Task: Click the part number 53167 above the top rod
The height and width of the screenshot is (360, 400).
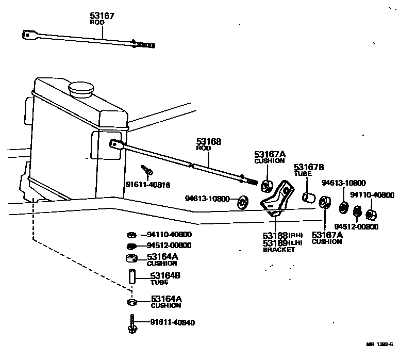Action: point(102,16)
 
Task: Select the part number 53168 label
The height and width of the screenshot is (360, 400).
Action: point(208,141)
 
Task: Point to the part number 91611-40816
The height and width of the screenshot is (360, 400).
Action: point(147,185)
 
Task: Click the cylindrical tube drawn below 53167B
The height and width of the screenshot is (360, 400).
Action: point(308,197)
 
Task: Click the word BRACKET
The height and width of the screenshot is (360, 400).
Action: point(279,250)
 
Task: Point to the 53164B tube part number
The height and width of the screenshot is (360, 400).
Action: point(165,276)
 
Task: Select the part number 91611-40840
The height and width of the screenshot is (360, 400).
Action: point(173,323)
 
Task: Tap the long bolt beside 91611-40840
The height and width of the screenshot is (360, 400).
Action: point(131,323)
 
